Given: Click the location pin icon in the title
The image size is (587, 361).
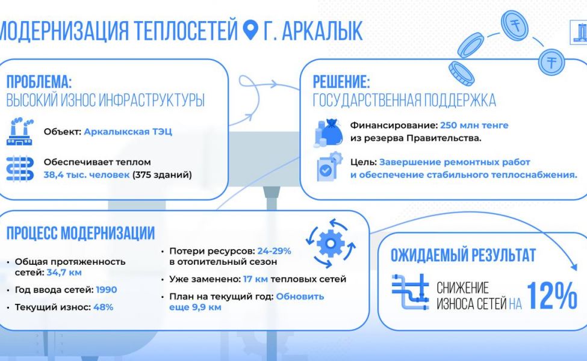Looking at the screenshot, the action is coord(250,29).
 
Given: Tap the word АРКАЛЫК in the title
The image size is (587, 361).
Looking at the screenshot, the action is coord(322,30).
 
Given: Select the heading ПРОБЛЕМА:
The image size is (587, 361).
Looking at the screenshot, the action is coord(39,81).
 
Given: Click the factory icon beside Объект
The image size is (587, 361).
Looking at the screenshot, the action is coord(20,131).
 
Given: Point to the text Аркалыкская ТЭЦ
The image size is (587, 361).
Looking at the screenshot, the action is coord(128,132).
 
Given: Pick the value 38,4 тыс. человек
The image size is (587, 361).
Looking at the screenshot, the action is coord(87,174).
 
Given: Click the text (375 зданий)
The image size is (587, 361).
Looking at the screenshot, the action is coord(162,174).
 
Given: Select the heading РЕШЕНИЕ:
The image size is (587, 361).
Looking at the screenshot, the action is coord(341,81).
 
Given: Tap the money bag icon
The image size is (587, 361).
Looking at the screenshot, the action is coord(328,132).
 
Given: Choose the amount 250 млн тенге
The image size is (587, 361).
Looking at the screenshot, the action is coord(474,125).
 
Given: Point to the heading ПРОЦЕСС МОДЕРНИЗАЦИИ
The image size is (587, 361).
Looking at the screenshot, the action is coord(81,233).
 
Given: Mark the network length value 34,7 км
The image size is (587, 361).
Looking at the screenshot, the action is coord(64,273).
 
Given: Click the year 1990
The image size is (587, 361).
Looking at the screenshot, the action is coord(107,290).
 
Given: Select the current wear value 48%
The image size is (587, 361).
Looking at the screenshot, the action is coord(104,307).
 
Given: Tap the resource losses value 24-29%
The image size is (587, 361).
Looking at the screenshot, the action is coord(274,251).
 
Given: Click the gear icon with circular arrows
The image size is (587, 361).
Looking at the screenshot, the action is coord(331,244).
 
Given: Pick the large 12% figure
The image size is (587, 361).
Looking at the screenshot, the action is coord(552,295).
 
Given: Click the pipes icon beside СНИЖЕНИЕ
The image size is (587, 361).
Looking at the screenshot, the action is coord(411,292).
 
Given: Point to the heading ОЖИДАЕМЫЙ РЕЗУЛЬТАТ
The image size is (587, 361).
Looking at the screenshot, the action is coord(463,255).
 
